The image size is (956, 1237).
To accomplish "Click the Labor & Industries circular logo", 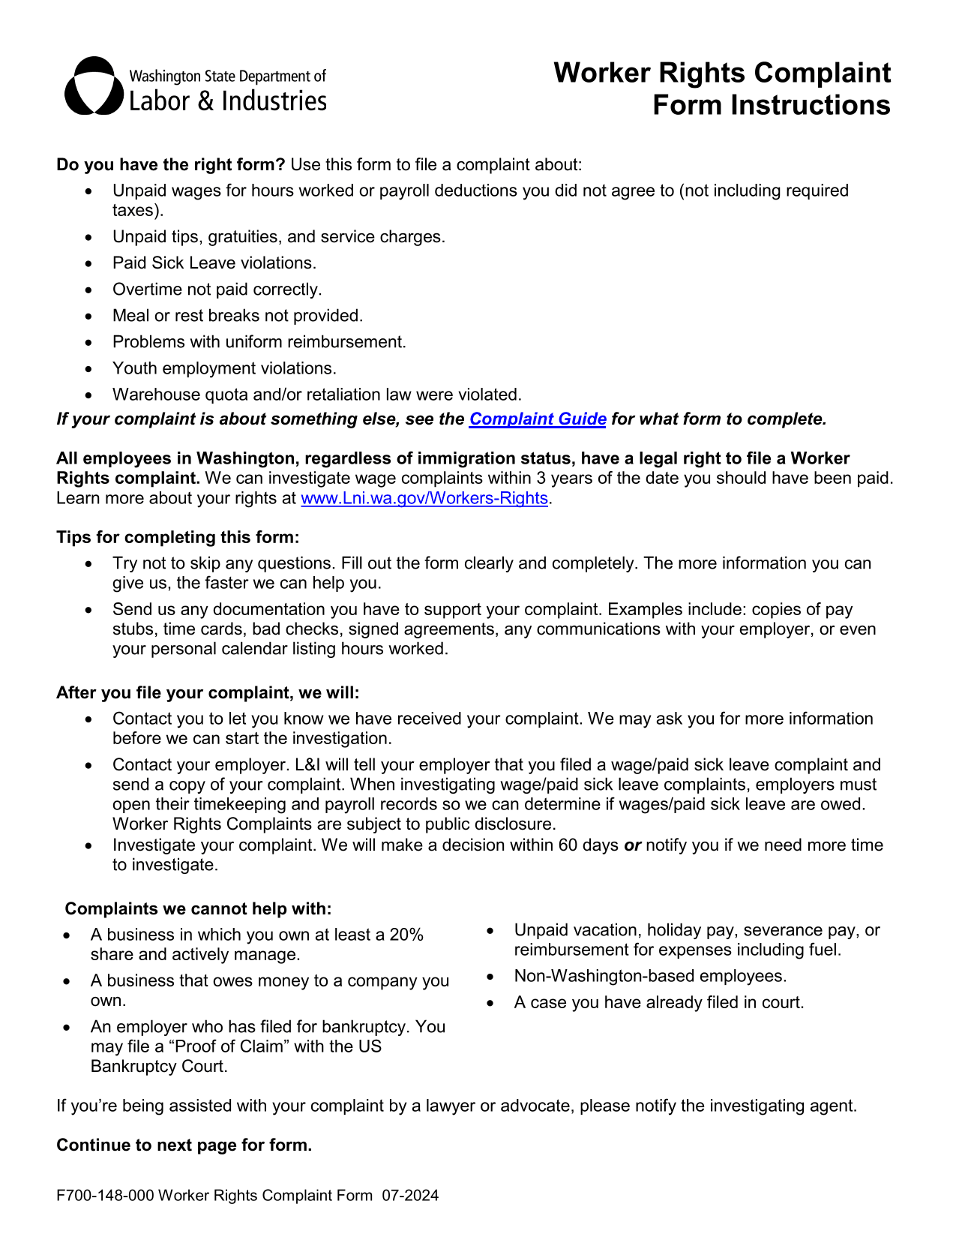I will coord(94,86).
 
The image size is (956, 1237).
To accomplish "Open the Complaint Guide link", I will coord(537,419).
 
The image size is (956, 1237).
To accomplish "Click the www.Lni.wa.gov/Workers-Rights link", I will coord(424,498).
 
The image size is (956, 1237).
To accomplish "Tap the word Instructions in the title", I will coord(810,105).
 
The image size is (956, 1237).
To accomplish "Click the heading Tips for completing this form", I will coord(178,537).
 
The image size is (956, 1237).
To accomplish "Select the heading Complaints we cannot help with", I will coord(198,909).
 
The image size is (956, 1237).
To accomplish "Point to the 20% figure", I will coord(406,935).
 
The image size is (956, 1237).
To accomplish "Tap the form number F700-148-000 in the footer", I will coord(105,1196).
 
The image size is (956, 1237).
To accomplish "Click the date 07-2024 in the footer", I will coord(410,1196).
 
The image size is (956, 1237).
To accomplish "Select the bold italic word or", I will coord(633,845).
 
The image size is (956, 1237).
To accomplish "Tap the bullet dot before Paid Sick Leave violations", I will coord(89,264).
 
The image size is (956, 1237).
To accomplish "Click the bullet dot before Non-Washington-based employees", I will coord(490,977).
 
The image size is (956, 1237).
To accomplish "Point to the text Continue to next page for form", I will coord(184,1145).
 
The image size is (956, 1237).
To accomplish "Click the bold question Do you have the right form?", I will coord(171,165).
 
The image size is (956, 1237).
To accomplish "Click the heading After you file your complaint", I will coord(208,692).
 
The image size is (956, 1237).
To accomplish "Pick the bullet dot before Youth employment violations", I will coord(89,369).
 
